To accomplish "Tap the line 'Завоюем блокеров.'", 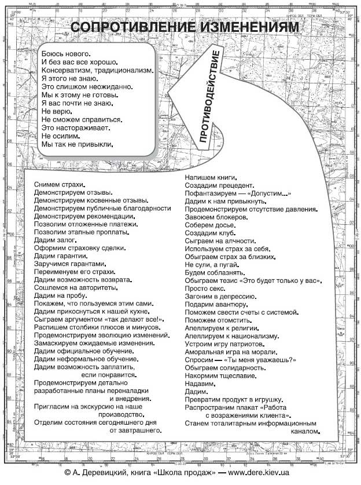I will pos(217,217).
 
